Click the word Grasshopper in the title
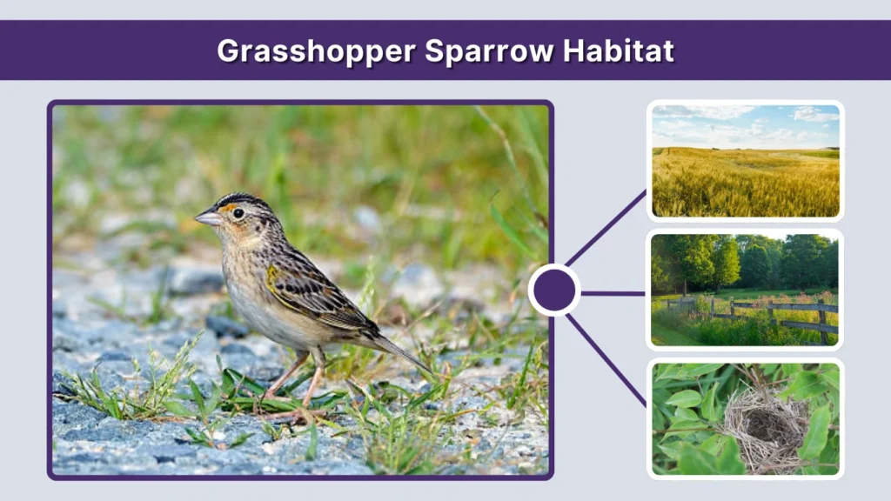point(315,50)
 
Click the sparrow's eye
point(238,213)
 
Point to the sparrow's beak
point(208,217)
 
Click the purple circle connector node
point(554,291)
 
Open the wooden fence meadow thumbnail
point(746,290)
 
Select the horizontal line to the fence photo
point(613,293)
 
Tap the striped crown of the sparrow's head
point(244,200)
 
